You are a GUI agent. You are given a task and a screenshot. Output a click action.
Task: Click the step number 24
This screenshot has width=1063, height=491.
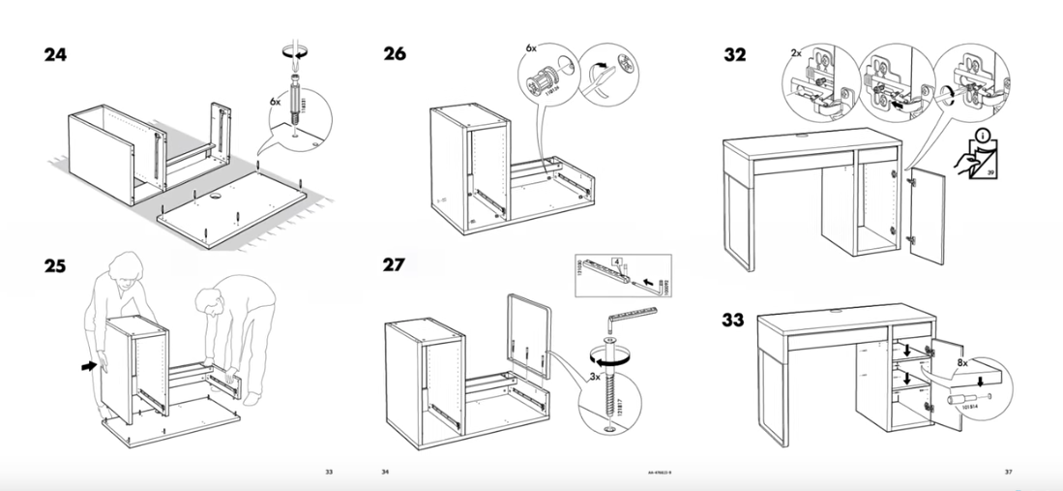pyautogui.click(x=57, y=55)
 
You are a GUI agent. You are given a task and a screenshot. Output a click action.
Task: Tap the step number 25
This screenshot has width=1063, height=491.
pyautogui.click(x=57, y=265)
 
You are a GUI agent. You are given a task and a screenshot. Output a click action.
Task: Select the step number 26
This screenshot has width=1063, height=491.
pyautogui.click(x=394, y=55)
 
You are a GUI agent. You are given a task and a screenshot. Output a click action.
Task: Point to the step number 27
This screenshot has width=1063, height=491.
pyautogui.click(x=394, y=264)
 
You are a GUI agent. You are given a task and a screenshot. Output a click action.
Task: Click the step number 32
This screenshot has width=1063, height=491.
pyautogui.click(x=735, y=55)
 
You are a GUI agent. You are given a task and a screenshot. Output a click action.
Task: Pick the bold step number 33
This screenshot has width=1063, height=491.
pyautogui.click(x=735, y=320)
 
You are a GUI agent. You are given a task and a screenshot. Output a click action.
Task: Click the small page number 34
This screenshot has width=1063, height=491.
pyautogui.click(x=384, y=472)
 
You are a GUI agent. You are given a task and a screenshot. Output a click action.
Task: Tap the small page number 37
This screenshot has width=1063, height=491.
pyautogui.click(x=1008, y=472)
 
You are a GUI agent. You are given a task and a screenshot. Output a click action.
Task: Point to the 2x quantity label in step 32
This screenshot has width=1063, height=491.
pyautogui.click(x=794, y=51)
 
